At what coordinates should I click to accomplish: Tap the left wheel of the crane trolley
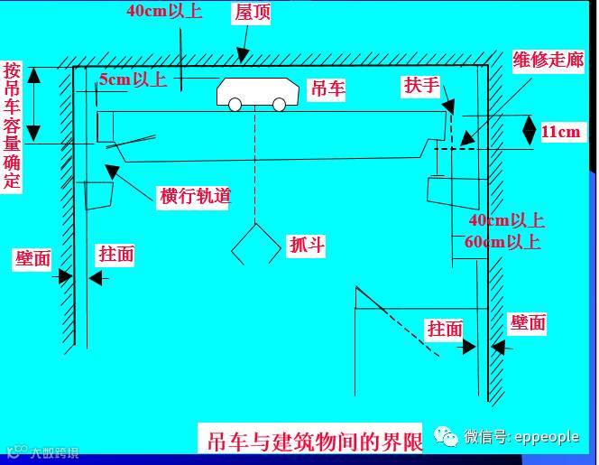click(x=235, y=105)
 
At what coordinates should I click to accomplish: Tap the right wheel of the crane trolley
click(x=279, y=105)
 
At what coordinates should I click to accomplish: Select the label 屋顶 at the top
click(x=253, y=13)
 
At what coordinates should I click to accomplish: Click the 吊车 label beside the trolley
click(x=327, y=88)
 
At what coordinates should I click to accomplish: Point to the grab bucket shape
click(x=255, y=242)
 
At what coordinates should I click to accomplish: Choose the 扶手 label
click(x=421, y=86)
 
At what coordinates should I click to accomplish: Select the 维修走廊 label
click(x=548, y=60)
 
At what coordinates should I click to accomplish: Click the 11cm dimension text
click(x=560, y=132)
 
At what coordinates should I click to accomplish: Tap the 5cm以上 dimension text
click(x=133, y=79)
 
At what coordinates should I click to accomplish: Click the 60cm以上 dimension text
click(x=503, y=242)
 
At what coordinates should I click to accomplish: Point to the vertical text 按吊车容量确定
click(x=12, y=126)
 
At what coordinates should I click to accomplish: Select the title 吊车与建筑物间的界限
click(x=310, y=442)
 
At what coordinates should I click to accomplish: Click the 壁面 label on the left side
click(x=32, y=258)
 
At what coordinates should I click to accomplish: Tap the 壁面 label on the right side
click(x=528, y=323)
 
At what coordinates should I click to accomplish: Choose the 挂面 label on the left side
click(x=115, y=255)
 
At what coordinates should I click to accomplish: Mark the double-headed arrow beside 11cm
click(x=530, y=131)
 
